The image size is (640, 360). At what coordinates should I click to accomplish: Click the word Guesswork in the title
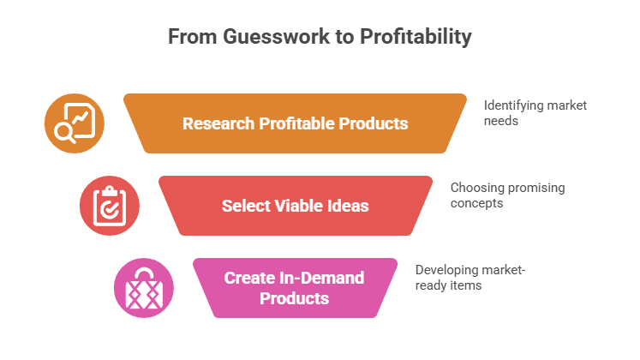pyautogui.click(x=257, y=38)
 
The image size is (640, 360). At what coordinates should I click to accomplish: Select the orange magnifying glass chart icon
pyautogui.click(x=74, y=123)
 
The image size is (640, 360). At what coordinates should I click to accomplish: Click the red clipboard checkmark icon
pyautogui.click(x=109, y=206)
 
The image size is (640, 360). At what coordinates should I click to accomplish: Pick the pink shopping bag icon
pyautogui.click(x=144, y=287)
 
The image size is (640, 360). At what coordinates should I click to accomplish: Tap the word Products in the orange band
pyautogui.click(x=373, y=123)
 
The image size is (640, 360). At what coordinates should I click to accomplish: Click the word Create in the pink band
pyautogui.click(x=248, y=279)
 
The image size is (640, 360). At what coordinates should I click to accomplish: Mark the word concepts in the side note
pyautogui.click(x=476, y=204)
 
